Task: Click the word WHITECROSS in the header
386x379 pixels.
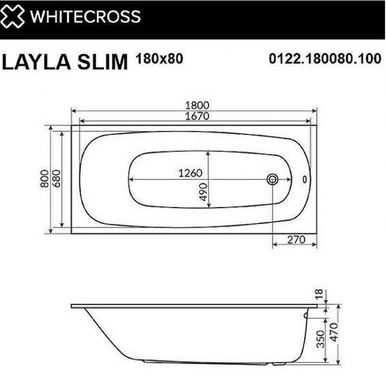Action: tap(85, 16)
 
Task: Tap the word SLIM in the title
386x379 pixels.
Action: tap(103, 62)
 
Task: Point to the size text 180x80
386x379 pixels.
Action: tap(159, 58)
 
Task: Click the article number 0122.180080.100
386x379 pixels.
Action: tap(325, 59)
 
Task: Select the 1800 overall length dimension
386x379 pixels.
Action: tap(196, 105)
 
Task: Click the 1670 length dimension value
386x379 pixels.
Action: tap(196, 116)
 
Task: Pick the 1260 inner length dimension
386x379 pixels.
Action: tap(190, 174)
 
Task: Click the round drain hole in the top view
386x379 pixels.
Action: tap(272, 179)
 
